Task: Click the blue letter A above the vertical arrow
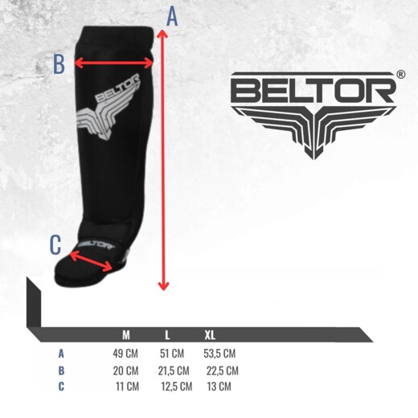click(x=172, y=16)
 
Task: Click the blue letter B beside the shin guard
click(x=59, y=64)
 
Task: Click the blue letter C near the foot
click(x=55, y=244)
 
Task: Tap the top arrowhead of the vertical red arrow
click(x=162, y=33)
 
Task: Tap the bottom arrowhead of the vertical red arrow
click(x=163, y=286)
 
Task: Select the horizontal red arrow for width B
click(x=113, y=64)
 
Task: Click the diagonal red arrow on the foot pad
click(x=91, y=261)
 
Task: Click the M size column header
click(x=126, y=334)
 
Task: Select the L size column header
click(x=167, y=334)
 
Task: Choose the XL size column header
click(x=210, y=334)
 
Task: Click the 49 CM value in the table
click(x=125, y=354)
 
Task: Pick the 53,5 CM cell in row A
click(x=219, y=354)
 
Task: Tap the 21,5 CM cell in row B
click(x=174, y=371)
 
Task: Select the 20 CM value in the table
click(x=125, y=371)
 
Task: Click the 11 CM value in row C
click(x=127, y=387)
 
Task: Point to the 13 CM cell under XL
click(x=219, y=387)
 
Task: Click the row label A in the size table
click(x=61, y=354)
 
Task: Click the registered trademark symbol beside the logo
click(x=400, y=74)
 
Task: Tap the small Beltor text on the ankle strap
click(x=96, y=244)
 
